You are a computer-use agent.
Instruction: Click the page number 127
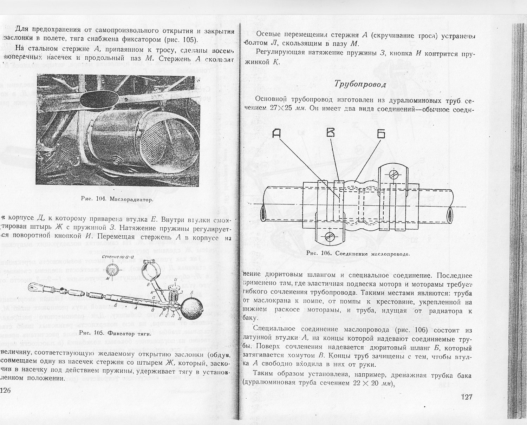click(467, 397)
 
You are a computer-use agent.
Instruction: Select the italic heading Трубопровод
click(360, 84)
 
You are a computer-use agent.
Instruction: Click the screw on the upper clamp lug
click(393, 173)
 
